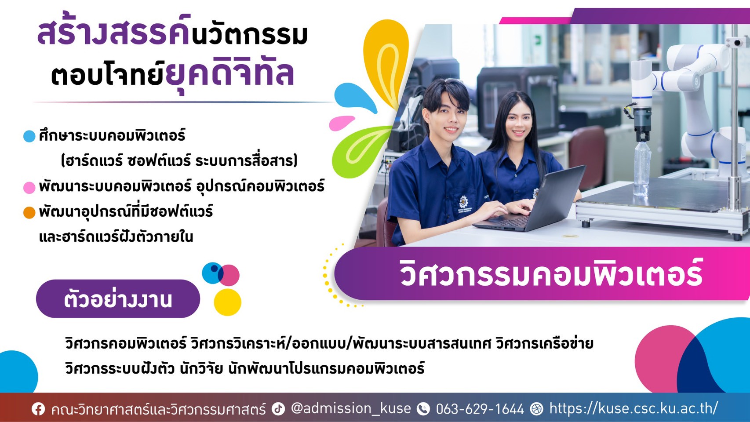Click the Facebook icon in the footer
tap(38, 409)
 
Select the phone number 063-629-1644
tap(480, 409)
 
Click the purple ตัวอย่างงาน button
tap(118, 299)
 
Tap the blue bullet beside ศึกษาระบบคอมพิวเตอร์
tap(29, 136)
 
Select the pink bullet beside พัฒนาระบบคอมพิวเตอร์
tap(29, 188)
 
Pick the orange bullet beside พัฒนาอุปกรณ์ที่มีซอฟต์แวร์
tap(29, 213)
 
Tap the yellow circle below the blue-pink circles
tap(227, 302)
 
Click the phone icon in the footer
tap(423, 409)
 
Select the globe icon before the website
tap(536, 409)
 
